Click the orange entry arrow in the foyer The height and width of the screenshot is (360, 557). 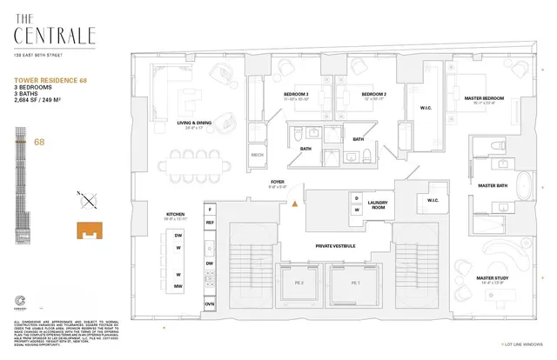click(x=295, y=203)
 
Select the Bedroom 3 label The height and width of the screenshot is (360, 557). click(x=297, y=94)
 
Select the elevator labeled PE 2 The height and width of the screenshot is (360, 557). click(x=298, y=283)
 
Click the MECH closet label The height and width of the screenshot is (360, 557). click(x=258, y=157)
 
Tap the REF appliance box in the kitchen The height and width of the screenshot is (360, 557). click(x=210, y=223)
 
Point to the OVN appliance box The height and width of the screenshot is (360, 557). click(x=210, y=303)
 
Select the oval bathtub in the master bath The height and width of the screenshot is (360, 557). click(x=525, y=186)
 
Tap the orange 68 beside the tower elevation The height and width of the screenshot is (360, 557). click(x=39, y=141)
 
